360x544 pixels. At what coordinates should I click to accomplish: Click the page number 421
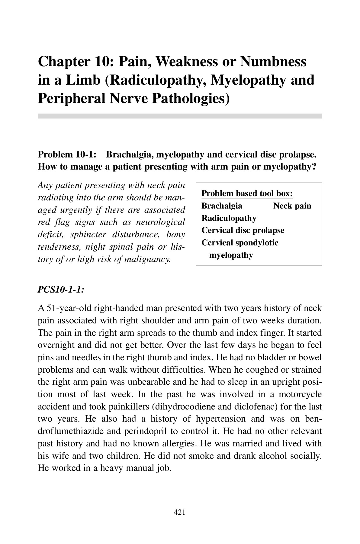(180, 512)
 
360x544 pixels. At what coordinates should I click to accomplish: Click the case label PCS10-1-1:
(61, 289)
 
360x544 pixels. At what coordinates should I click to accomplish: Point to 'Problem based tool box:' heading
(247, 193)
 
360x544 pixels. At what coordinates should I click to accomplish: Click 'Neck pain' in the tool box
(292, 206)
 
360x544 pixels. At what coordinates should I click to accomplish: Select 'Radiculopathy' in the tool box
(229, 218)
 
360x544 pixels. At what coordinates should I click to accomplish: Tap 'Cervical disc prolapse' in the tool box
(243, 230)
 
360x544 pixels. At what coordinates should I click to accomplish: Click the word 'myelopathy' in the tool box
(231, 255)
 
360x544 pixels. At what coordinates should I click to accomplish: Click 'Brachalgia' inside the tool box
(222, 206)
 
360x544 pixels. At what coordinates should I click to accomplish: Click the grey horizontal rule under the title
(180, 116)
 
